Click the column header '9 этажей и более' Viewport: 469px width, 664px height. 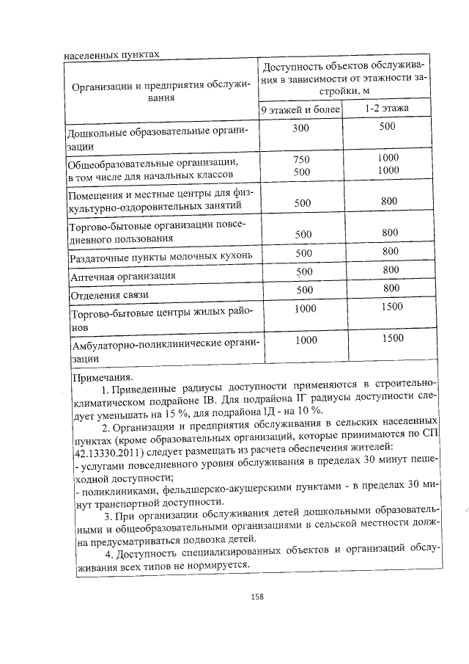(302, 109)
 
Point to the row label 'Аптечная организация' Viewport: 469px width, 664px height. (122, 277)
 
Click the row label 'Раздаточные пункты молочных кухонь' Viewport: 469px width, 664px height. (160, 258)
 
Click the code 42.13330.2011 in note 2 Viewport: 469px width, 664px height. (105, 447)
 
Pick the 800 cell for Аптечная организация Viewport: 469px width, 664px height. (391, 270)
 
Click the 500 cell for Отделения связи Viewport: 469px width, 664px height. (303, 290)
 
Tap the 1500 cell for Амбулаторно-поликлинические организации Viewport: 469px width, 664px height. (393, 338)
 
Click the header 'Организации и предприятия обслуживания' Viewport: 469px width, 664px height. (160, 92)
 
